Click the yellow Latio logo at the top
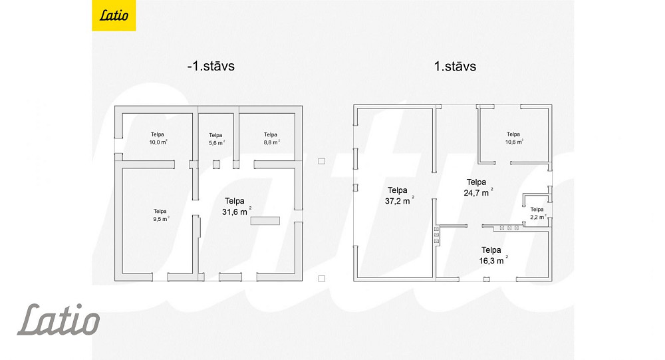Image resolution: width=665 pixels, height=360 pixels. tap(114, 16)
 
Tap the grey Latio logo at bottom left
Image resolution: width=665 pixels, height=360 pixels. tap(59, 319)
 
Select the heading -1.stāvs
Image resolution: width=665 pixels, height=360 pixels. tap(211, 67)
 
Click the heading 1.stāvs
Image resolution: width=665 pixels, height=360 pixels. tap(455, 67)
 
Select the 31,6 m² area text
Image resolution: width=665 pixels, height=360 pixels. tap(237, 212)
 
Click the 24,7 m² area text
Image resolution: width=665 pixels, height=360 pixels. tap(478, 193)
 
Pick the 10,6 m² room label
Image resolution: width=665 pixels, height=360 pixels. tap(514, 142)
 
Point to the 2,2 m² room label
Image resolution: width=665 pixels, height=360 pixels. tap(538, 217)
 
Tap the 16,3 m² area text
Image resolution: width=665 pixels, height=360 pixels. tap(493, 261)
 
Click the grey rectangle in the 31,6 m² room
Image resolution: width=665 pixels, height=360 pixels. tap(265, 221)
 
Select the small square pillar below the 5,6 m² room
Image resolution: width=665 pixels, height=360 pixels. tap(216, 164)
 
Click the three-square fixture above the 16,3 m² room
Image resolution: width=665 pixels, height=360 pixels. tap(509, 228)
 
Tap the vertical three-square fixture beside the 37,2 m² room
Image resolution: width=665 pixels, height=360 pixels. tap(436, 236)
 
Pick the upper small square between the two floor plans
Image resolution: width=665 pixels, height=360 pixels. tap(322, 161)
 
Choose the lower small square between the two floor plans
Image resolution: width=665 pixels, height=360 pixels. tap(322, 279)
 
